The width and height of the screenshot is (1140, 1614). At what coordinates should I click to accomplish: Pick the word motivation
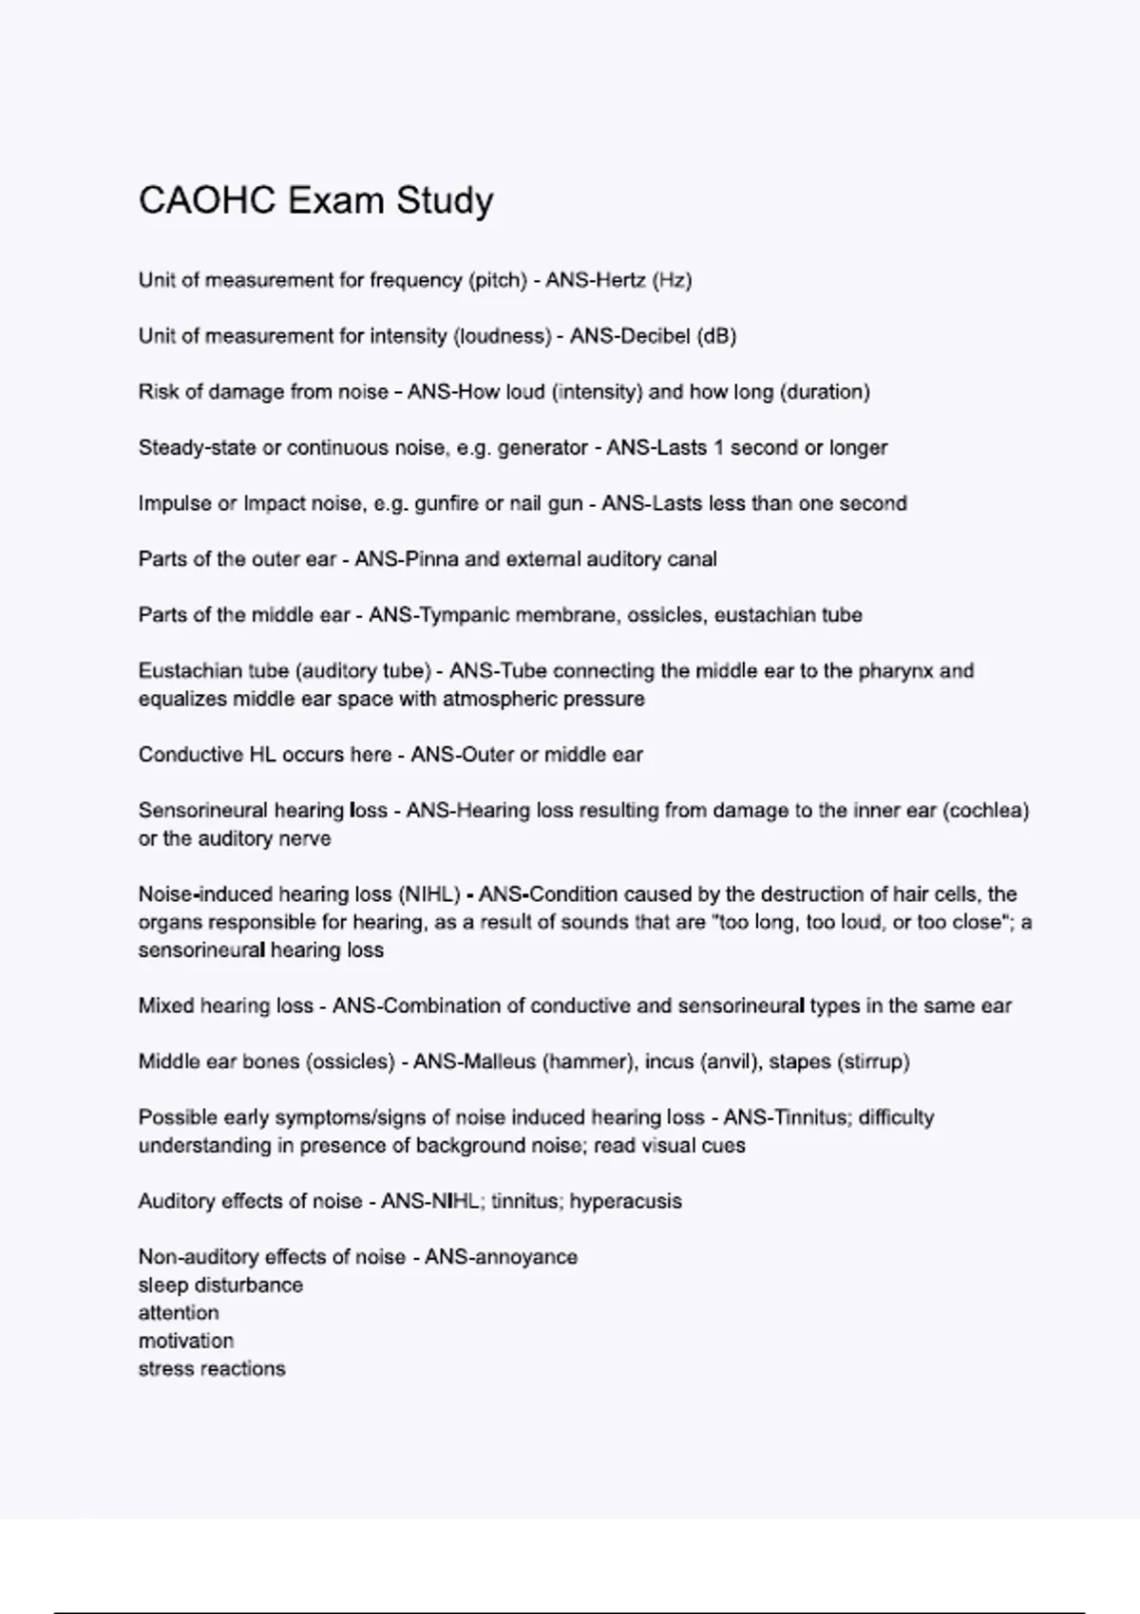[185, 1342]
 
